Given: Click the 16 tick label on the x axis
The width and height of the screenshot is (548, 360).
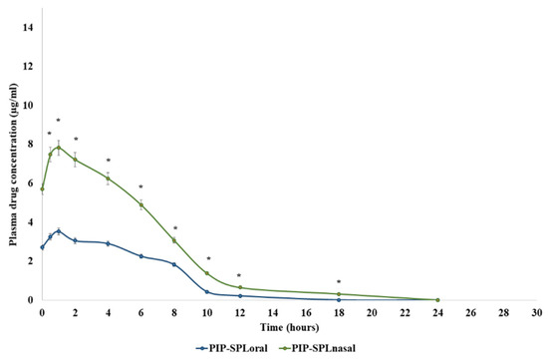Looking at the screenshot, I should click(306, 311).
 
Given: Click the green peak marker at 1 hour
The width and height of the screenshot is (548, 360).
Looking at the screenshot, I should click(59, 148).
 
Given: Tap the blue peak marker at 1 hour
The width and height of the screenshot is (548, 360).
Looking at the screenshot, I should click(59, 231).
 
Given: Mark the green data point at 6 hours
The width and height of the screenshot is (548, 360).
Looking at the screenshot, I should click(141, 204).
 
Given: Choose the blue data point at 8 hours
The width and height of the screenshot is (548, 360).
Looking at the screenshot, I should click(174, 264).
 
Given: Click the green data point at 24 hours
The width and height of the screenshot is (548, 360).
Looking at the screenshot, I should click(437, 299).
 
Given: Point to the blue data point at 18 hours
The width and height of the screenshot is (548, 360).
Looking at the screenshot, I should click(339, 299).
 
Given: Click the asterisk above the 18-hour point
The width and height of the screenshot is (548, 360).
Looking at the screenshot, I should click(339, 282).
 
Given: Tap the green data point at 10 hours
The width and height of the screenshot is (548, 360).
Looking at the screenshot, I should click(207, 273).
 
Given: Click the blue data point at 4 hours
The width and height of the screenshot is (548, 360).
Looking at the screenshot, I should click(109, 243).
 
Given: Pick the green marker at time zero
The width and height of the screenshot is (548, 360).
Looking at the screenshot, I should click(43, 188).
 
